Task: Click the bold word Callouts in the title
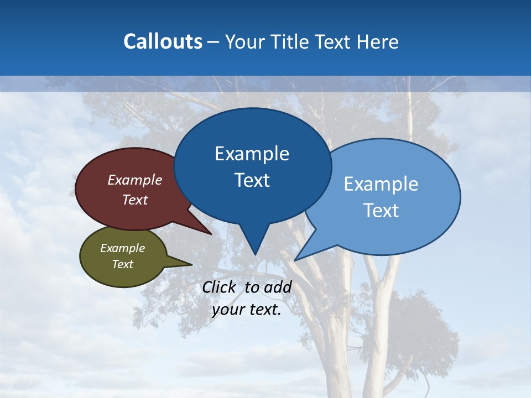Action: pos(163,41)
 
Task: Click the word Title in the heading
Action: pos(290,42)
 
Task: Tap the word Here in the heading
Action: pos(377,42)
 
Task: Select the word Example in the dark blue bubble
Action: pos(252,154)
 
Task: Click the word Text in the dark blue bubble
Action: pos(252,180)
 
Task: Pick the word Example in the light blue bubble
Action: pos(381,184)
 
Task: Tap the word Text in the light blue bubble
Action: pos(381,211)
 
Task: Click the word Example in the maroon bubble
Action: pos(135,180)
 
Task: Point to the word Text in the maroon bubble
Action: pos(135,200)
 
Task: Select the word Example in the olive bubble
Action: pos(122,248)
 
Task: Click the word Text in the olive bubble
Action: pos(122,264)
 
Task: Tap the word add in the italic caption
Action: pos(278,287)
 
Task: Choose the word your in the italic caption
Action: pos(228,310)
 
